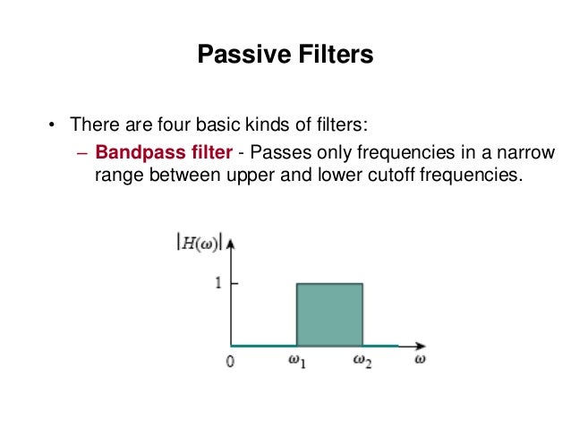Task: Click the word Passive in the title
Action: coord(236,57)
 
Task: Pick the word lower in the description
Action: coord(340,175)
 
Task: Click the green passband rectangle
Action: coord(329,313)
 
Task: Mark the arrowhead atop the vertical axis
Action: coord(232,241)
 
